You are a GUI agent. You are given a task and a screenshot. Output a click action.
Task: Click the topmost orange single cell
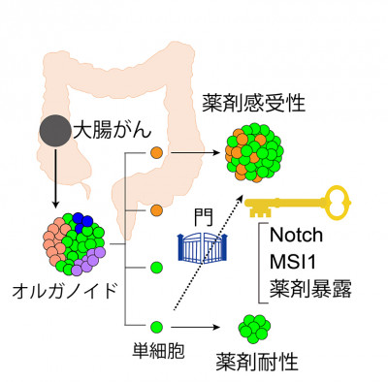tap(156, 152)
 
